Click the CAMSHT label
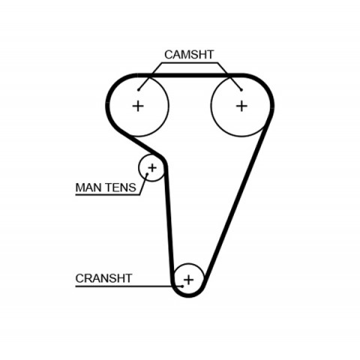(x=189, y=55)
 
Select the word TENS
(x=121, y=187)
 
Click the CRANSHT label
(x=103, y=278)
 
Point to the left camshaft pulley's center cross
(x=138, y=106)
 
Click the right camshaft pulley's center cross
(x=241, y=106)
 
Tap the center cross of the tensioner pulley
(x=152, y=167)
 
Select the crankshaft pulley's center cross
(x=189, y=280)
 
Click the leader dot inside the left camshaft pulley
(x=138, y=90)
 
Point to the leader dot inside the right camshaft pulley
(x=241, y=90)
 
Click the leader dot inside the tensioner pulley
(x=147, y=174)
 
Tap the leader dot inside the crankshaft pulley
(x=182, y=286)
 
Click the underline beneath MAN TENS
(x=107, y=195)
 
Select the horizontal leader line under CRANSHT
(x=129, y=286)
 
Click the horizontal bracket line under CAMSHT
(x=189, y=63)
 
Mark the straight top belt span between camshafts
(x=190, y=76)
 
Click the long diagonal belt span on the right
(x=235, y=203)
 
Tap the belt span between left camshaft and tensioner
(x=144, y=146)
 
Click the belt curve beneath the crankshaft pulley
(x=189, y=295)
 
